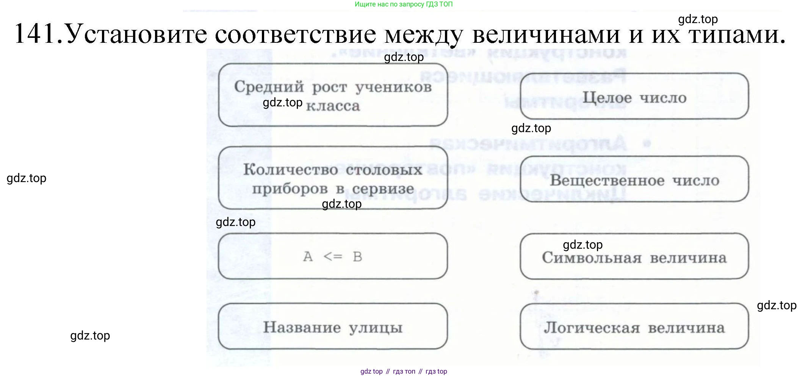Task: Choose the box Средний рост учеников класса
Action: click(333, 95)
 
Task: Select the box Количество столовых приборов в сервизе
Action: click(333, 178)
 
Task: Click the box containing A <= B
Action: click(333, 256)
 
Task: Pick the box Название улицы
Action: click(333, 326)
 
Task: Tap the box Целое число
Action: click(634, 97)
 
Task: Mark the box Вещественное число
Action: click(634, 179)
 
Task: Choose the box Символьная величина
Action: click(634, 257)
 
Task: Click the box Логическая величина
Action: click(634, 326)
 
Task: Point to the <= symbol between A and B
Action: click(333, 257)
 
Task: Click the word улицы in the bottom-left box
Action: click(375, 327)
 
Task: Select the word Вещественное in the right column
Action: click(607, 180)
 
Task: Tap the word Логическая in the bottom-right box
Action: click(592, 327)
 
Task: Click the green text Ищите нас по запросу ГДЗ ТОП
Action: click(404, 4)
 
